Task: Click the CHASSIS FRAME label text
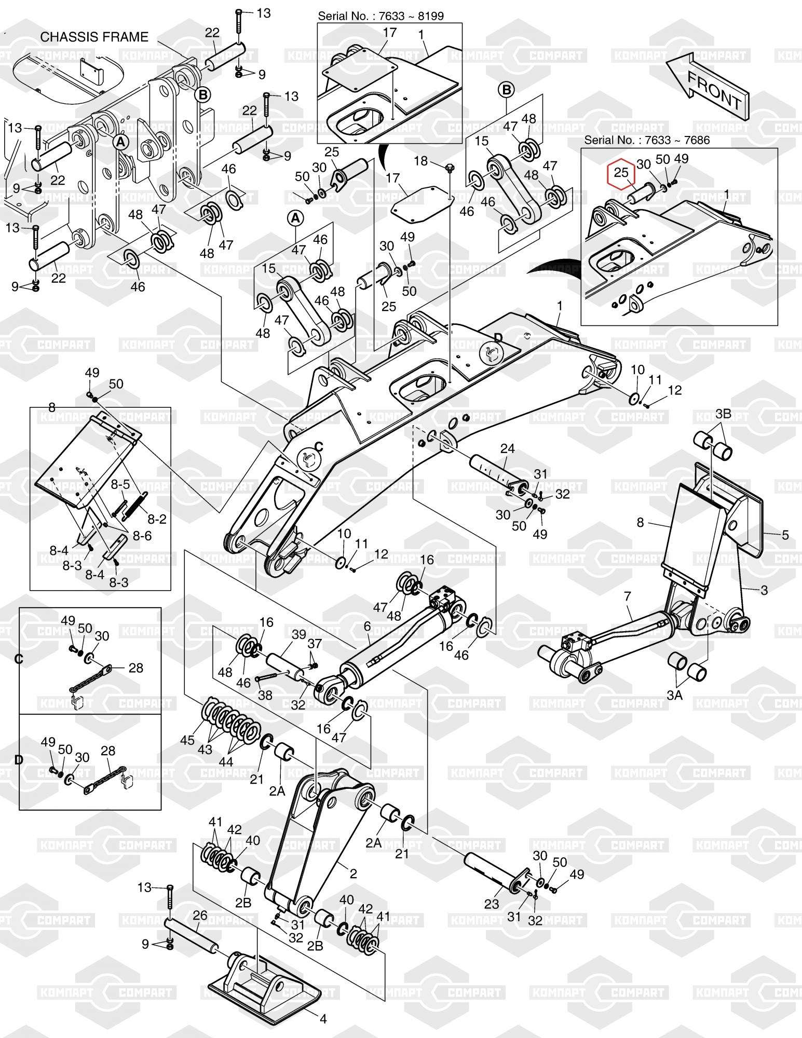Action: [94, 37]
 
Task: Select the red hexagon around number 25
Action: [621, 173]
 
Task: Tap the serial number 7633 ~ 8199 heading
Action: [381, 16]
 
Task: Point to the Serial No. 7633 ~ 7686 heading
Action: [647, 140]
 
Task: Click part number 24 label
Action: [507, 448]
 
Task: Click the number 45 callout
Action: [187, 740]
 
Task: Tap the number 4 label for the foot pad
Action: [323, 1019]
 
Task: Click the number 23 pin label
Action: [491, 904]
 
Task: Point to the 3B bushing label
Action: [723, 413]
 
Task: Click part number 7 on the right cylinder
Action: [628, 596]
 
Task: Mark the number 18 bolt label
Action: [420, 161]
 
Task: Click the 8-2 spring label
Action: [156, 518]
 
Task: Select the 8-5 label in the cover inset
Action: [120, 484]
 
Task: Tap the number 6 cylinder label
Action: [367, 626]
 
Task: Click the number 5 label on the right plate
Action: [785, 534]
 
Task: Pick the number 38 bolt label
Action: [265, 694]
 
